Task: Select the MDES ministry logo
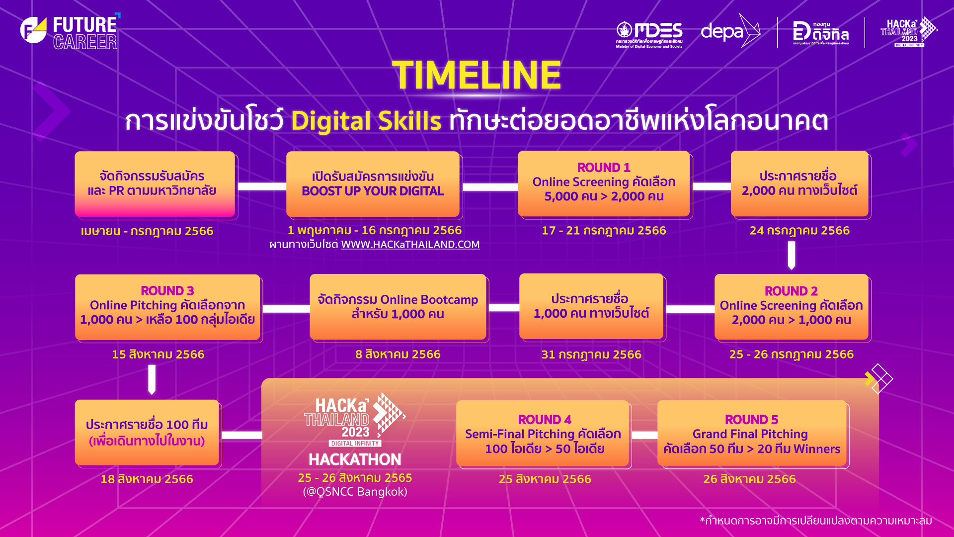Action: click(x=649, y=34)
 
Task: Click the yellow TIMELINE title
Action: click(x=477, y=75)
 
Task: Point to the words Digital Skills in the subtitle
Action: click(x=366, y=121)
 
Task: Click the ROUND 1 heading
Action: click(x=604, y=168)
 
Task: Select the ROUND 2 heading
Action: click(x=791, y=291)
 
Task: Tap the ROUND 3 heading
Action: click(x=167, y=291)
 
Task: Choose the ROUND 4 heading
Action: click(x=545, y=420)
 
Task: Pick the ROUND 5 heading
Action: click(x=751, y=420)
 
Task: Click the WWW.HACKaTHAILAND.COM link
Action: click(x=410, y=245)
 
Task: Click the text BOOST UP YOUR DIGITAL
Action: click(x=373, y=191)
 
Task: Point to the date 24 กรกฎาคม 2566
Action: click(x=799, y=231)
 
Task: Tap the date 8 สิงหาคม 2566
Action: click(x=398, y=355)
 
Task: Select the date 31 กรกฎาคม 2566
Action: click(x=591, y=355)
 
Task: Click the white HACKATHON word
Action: click(x=355, y=459)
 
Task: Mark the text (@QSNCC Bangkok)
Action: click(x=355, y=492)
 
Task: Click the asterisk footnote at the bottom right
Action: click(x=816, y=521)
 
